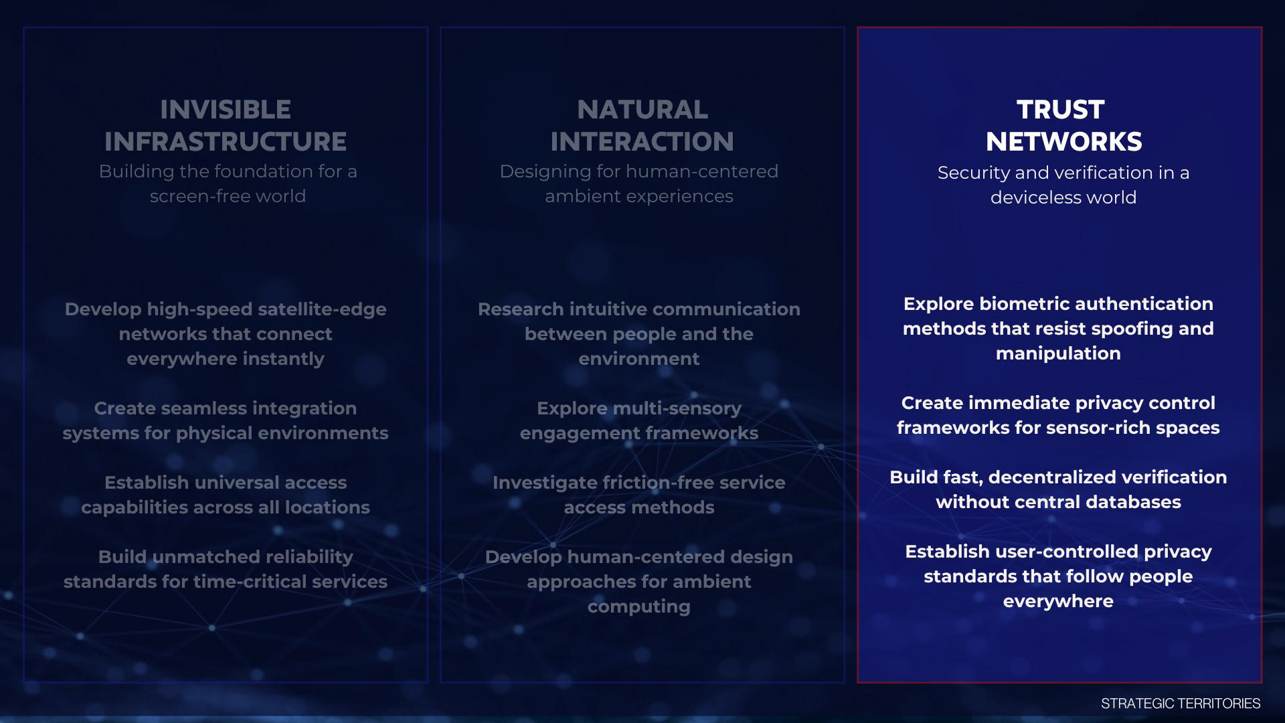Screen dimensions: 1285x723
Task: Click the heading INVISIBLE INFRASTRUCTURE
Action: click(x=226, y=125)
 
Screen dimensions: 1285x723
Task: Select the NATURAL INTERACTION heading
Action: click(x=642, y=125)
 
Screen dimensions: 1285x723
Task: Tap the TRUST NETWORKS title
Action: click(x=1063, y=125)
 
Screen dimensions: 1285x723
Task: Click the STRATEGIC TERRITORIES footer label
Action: click(x=1181, y=704)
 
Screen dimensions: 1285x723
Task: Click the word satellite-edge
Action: click(x=322, y=309)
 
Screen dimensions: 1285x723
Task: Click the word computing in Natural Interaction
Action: click(x=639, y=607)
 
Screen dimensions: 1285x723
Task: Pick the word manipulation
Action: click(x=1058, y=354)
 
